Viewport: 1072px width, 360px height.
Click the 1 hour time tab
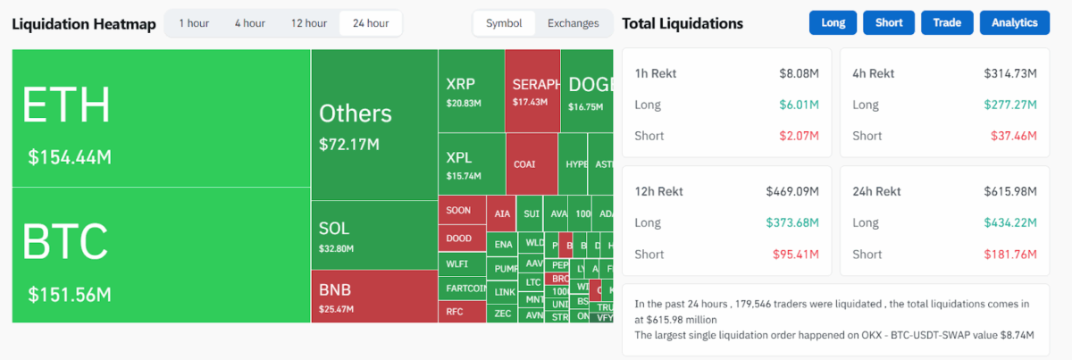194,23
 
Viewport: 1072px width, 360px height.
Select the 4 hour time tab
249,23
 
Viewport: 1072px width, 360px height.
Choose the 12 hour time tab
309,23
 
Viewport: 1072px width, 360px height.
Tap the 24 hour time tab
371,23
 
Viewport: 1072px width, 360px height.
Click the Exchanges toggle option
573,23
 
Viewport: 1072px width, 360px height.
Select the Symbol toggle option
504,23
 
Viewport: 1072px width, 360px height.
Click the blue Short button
889,23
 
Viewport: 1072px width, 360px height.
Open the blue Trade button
947,23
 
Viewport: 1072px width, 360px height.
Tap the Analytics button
1014,23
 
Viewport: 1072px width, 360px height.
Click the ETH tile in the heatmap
161,118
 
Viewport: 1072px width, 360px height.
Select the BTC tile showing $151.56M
161,255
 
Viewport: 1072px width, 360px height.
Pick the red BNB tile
373,297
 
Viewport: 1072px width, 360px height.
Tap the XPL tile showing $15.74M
471,165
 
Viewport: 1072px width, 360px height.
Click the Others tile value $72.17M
349,144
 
